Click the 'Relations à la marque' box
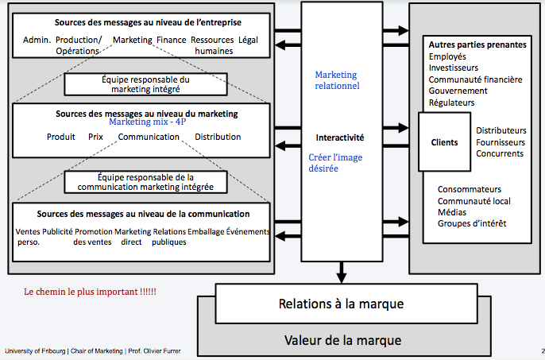click(341, 304)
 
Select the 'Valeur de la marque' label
click(342, 340)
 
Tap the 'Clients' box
click(444, 142)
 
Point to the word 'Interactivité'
click(339, 137)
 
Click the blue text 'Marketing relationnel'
click(337, 79)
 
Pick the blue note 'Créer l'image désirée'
click(335, 163)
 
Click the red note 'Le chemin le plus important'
click(91, 292)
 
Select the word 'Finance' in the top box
click(171, 39)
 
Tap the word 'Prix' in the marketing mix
click(96, 137)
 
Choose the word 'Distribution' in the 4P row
click(218, 137)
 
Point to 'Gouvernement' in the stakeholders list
click(458, 91)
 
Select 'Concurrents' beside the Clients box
click(500, 153)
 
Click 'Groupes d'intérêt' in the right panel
click(472, 223)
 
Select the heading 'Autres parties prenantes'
click(477, 45)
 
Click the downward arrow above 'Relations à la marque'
click(341, 276)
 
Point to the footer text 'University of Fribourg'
click(35, 350)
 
